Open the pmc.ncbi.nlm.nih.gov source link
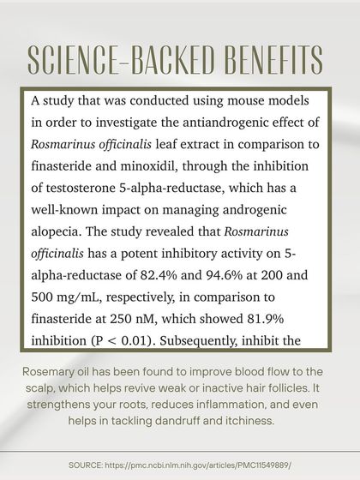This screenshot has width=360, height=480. pyautogui.click(x=205, y=464)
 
